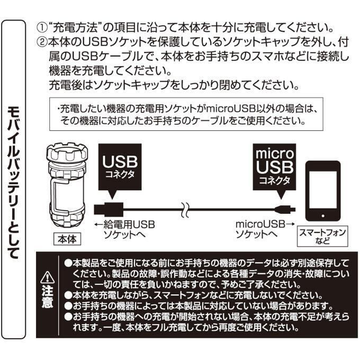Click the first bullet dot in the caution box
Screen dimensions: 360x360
(68, 263)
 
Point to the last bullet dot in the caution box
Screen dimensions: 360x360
(68, 317)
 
